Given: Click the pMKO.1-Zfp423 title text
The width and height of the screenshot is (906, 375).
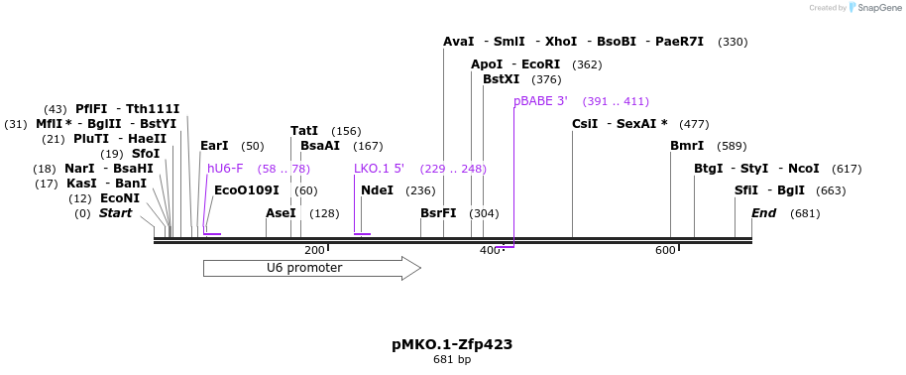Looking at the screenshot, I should (452, 344).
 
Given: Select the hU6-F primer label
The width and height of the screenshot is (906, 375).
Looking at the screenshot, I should (225, 169).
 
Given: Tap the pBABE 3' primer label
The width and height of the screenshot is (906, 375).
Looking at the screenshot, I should (540, 101).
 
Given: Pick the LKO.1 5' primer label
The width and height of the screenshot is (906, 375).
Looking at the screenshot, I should (379, 169).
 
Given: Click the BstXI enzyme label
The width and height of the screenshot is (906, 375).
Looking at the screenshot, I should (501, 79).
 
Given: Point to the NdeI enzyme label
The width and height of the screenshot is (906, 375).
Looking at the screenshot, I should (378, 190).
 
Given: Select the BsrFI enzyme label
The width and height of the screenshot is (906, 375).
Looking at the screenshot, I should (438, 213).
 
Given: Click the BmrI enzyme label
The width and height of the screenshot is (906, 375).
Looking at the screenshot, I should (687, 146).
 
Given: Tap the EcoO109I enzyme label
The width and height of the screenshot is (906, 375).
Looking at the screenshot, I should (246, 190).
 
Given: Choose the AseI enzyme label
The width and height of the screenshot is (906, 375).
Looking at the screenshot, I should (281, 213).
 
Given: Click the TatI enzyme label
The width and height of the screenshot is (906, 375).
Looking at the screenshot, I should (304, 131).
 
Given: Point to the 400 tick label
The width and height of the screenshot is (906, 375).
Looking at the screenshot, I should (490, 251).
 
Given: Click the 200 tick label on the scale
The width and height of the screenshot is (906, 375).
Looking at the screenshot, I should (314, 251).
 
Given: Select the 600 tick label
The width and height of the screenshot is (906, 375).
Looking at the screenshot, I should (665, 251).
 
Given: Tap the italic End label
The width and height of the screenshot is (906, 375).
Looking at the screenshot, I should (763, 213).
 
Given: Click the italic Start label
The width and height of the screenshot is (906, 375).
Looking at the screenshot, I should (115, 213).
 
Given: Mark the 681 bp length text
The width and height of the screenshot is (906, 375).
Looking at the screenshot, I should (452, 359).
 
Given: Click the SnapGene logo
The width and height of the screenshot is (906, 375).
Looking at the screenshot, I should (872, 8).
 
